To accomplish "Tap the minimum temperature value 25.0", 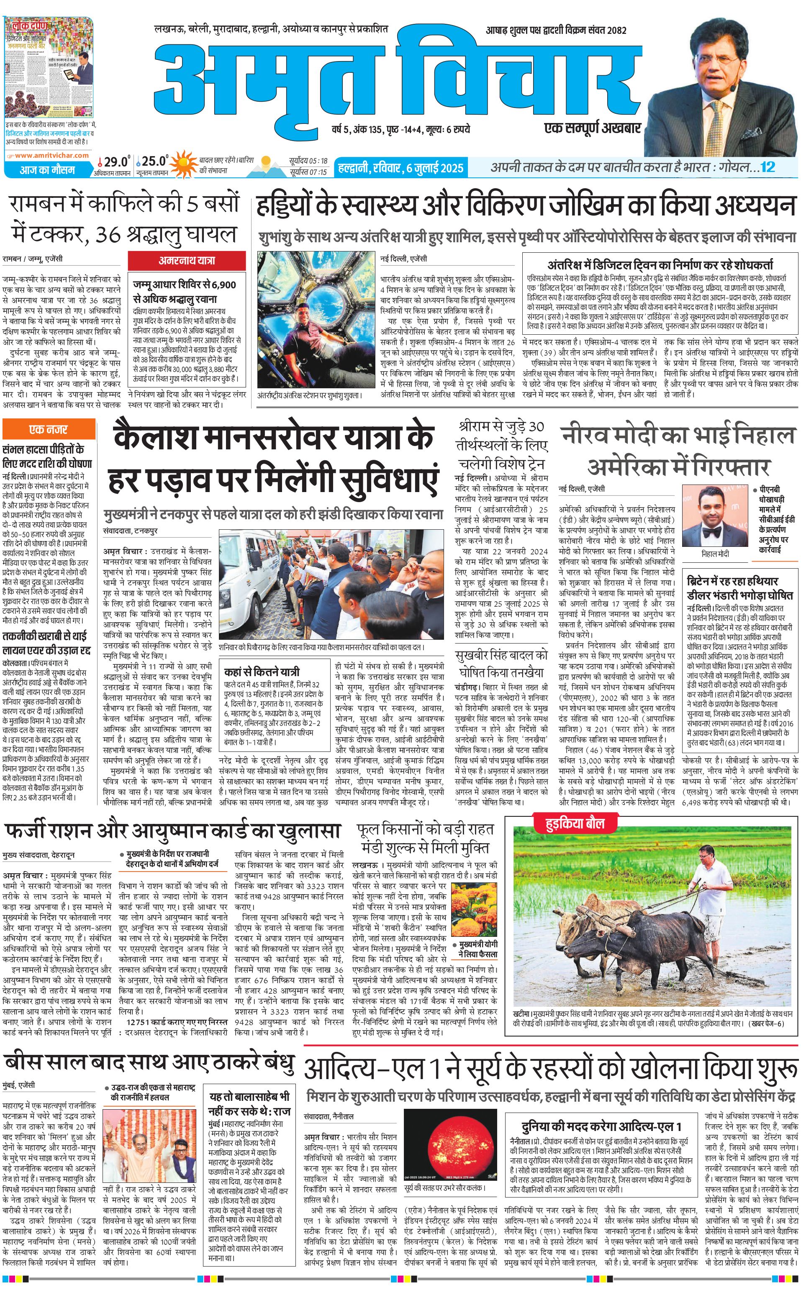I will (x=154, y=161).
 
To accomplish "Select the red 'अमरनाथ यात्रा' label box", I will (x=187, y=260).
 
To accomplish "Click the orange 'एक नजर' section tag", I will (x=48, y=429).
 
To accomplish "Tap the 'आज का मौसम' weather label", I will (x=48, y=170).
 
